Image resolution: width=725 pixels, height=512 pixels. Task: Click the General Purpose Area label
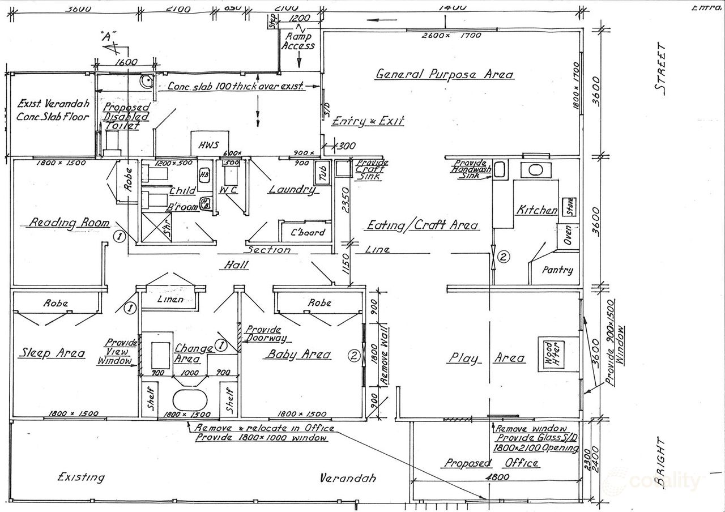pos(445,74)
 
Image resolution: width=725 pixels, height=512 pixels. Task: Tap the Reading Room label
pos(69,223)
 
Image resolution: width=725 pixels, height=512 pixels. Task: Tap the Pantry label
pos(557,270)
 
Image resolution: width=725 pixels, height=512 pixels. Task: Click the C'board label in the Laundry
pos(308,232)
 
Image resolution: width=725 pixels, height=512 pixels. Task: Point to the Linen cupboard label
pos(170,298)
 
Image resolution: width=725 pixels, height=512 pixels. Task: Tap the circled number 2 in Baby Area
pos(353,356)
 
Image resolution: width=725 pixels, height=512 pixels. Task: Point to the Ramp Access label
pos(298,41)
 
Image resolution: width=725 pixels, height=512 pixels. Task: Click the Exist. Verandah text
pos(53,104)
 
